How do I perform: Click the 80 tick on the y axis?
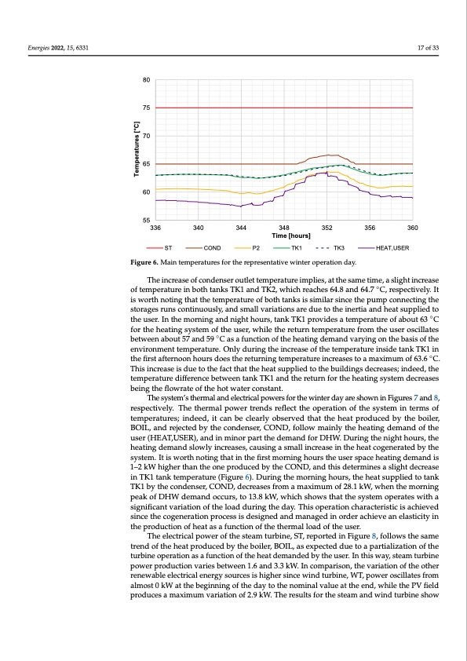tap(146, 80)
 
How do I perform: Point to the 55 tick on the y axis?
tap(146, 221)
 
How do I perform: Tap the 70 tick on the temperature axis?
tap(146, 137)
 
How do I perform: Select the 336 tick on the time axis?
tap(155, 228)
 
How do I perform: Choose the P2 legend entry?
tap(256, 248)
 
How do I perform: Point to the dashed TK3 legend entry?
tap(339, 248)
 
